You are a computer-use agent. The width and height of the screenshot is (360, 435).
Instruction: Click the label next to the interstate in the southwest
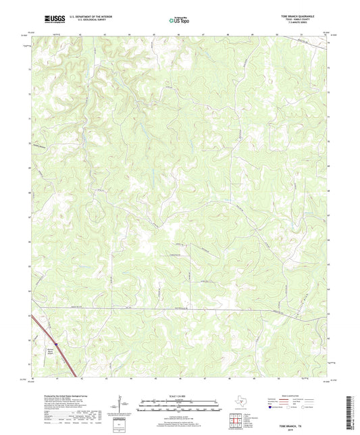(49, 351)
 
